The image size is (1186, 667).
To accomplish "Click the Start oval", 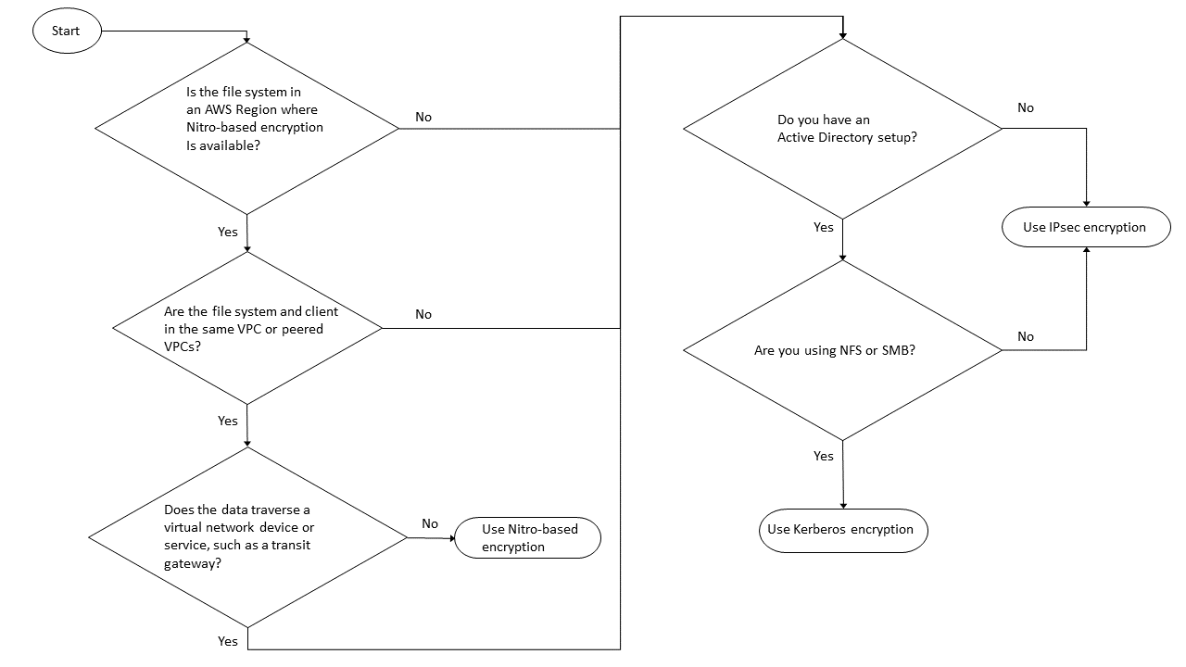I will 66,31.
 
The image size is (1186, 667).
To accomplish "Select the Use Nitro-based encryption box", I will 527,538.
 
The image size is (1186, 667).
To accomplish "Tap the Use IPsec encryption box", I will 1085,227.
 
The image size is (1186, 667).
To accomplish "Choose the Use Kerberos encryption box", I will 842,530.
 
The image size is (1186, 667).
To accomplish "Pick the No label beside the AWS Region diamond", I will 423,117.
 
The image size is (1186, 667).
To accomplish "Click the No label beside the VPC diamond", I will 423,314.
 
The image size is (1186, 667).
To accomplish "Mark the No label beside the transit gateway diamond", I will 430,523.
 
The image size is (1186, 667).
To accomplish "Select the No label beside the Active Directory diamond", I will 1026,107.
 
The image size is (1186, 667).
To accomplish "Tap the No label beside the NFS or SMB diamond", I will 1026,336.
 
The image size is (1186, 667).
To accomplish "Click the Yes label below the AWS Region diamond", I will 228,232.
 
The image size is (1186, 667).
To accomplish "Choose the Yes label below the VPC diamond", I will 228,421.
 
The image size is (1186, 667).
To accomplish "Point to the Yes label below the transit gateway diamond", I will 228,641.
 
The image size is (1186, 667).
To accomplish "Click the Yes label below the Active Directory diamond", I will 824,227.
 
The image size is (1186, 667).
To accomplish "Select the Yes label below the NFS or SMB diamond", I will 824,456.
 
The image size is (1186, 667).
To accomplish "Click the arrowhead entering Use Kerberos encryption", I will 843,505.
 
